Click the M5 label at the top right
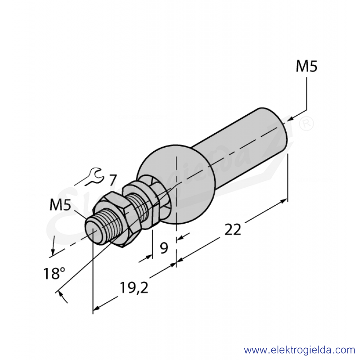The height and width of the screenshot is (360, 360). pyautogui.click(x=306, y=66)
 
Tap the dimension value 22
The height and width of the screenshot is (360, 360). pyautogui.click(x=233, y=229)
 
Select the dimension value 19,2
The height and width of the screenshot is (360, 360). pyautogui.click(x=134, y=288)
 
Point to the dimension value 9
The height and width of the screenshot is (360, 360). pyautogui.click(x=164, y=248)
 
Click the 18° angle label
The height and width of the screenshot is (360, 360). pyautogui.click(x=54, y=273)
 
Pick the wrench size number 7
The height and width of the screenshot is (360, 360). pyautogui.click(x=112, y=180)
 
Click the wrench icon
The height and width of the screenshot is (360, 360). pyautogui.click(x=94, y=176)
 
